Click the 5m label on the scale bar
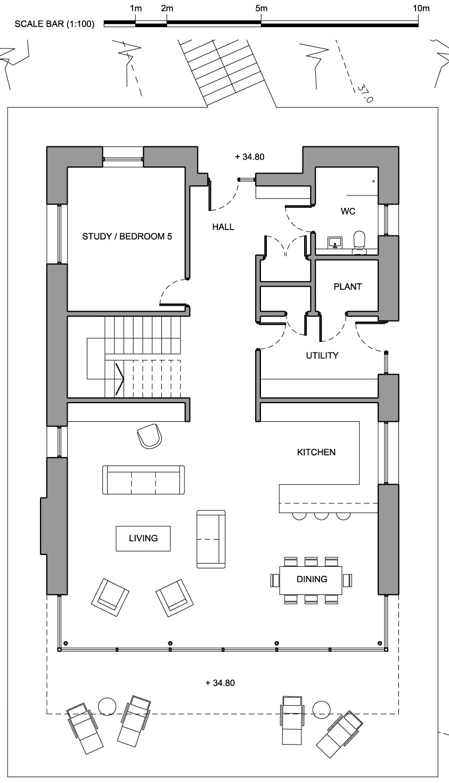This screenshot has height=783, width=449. (x=261, y=9)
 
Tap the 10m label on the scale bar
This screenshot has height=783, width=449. (x=421, y=9)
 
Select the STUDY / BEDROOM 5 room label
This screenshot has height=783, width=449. (x=127, y=236)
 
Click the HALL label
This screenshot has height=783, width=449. (x=223, y=227)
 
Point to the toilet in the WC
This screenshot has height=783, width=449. (x=359, y=241)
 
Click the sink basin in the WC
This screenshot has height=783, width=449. (x=335, y=242)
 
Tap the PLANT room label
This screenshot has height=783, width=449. (x=347, y=287)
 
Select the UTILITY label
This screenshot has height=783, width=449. (x=322, y=355)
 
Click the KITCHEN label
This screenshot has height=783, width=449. (x=316, y=452)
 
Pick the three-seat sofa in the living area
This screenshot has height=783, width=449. (x=143, y=480)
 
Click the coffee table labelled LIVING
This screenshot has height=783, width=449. (x=143, y=539)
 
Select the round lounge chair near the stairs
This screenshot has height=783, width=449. (x=150, y=436)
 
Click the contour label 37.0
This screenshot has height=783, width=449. (x=365, y=93)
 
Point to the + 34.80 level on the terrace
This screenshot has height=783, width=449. (x=220, y=683)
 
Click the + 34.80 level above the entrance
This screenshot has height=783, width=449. (x=249, y=157)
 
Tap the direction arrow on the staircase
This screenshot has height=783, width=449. (x=119, y=379)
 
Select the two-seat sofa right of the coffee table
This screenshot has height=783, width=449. (x=211, y=539)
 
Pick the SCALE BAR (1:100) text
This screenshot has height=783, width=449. (x=54, y=24)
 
